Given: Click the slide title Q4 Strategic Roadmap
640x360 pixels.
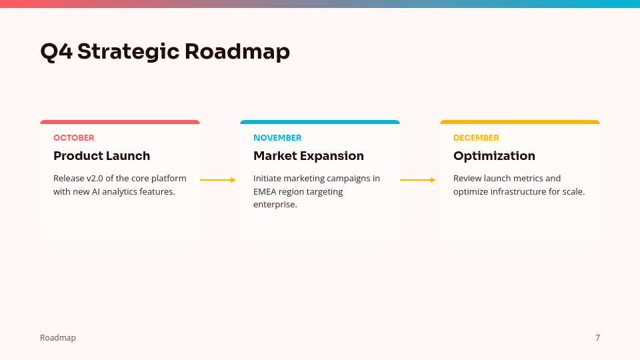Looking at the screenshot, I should (165, 51).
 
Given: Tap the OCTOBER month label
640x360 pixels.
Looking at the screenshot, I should (73, 138).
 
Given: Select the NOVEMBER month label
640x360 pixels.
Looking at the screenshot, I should (277, 138).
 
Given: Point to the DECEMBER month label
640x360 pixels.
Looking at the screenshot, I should (476, 138).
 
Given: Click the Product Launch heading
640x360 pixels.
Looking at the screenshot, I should (101, 156).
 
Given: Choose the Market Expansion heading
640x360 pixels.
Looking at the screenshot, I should (308, 156).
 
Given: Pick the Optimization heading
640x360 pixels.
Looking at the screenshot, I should (494, 156).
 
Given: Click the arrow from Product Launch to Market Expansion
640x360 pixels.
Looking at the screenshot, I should (218, 180).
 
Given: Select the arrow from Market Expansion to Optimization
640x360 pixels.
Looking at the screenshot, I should (418, 180).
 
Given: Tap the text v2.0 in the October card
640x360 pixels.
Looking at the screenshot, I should (96, 179).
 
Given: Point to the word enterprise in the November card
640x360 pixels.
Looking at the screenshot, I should (275, 205).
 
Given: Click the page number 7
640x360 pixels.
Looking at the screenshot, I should (597, 338).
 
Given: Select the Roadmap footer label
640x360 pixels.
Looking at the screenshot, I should (58, 338).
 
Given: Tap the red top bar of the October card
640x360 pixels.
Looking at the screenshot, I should (120, 122).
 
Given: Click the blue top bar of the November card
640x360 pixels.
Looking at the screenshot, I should (320, 122).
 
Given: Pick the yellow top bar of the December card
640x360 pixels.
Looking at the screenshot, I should (520, 122).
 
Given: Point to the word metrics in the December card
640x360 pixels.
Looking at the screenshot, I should (527, 179).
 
